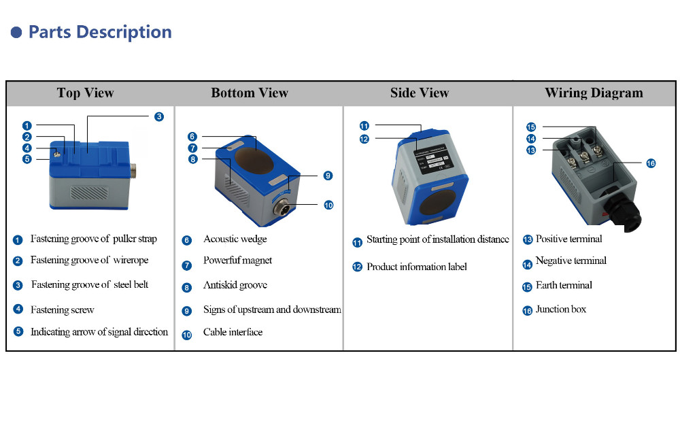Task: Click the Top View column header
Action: (85, 93)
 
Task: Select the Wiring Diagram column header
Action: (593, 93)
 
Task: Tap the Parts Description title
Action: (100, 32)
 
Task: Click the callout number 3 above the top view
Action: (158, 117)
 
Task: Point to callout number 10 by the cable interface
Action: (328, 205)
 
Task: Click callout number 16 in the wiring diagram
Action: (651, 163)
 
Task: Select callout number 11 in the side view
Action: (364, 126)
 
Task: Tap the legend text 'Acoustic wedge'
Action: (235, 239)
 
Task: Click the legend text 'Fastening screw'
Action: (62, 310)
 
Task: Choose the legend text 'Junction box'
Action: (560, 310)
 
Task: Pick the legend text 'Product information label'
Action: (416, 267)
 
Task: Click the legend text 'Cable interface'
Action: (233, 333)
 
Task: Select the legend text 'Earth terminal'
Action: (564, 286)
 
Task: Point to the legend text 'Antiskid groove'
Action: (235, 286)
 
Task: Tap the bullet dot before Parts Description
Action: (16, 33)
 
